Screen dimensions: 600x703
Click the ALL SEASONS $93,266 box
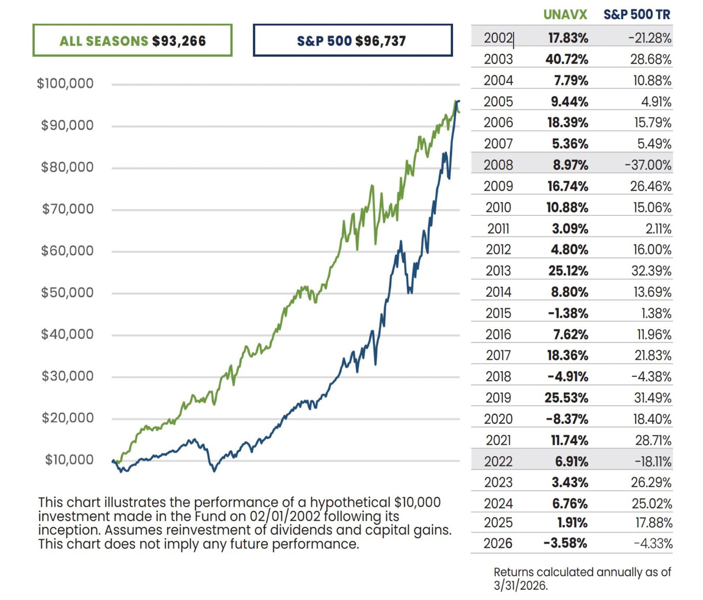(x=132, y=40)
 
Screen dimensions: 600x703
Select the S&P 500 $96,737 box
(x=352, y=40)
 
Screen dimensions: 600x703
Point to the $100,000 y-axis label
(x=65, y=83)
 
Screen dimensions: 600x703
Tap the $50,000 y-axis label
(x=67, y=292)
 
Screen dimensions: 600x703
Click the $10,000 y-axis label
(x=69, y=460)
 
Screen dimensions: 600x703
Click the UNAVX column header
(x=565, y=15)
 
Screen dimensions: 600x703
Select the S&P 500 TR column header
(x=636, y=15)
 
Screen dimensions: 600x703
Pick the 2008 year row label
(x=498, y=165)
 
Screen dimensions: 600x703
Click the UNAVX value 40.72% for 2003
(x=567, y=59)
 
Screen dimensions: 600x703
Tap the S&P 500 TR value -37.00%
(x=648, y=165)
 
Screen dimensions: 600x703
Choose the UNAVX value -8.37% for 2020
(x=567, y=419)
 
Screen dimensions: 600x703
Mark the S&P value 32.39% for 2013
(x=651, y=271)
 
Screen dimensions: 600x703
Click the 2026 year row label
(x=498, y=543)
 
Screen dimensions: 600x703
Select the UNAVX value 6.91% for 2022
(x=571, y=462)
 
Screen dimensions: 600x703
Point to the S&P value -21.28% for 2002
(x=649, y=38)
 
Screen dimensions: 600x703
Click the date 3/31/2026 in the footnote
(x=520, y=585)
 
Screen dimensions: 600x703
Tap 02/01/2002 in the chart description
(x=284, y=516)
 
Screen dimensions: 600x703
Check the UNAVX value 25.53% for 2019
(x=566, y=398)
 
